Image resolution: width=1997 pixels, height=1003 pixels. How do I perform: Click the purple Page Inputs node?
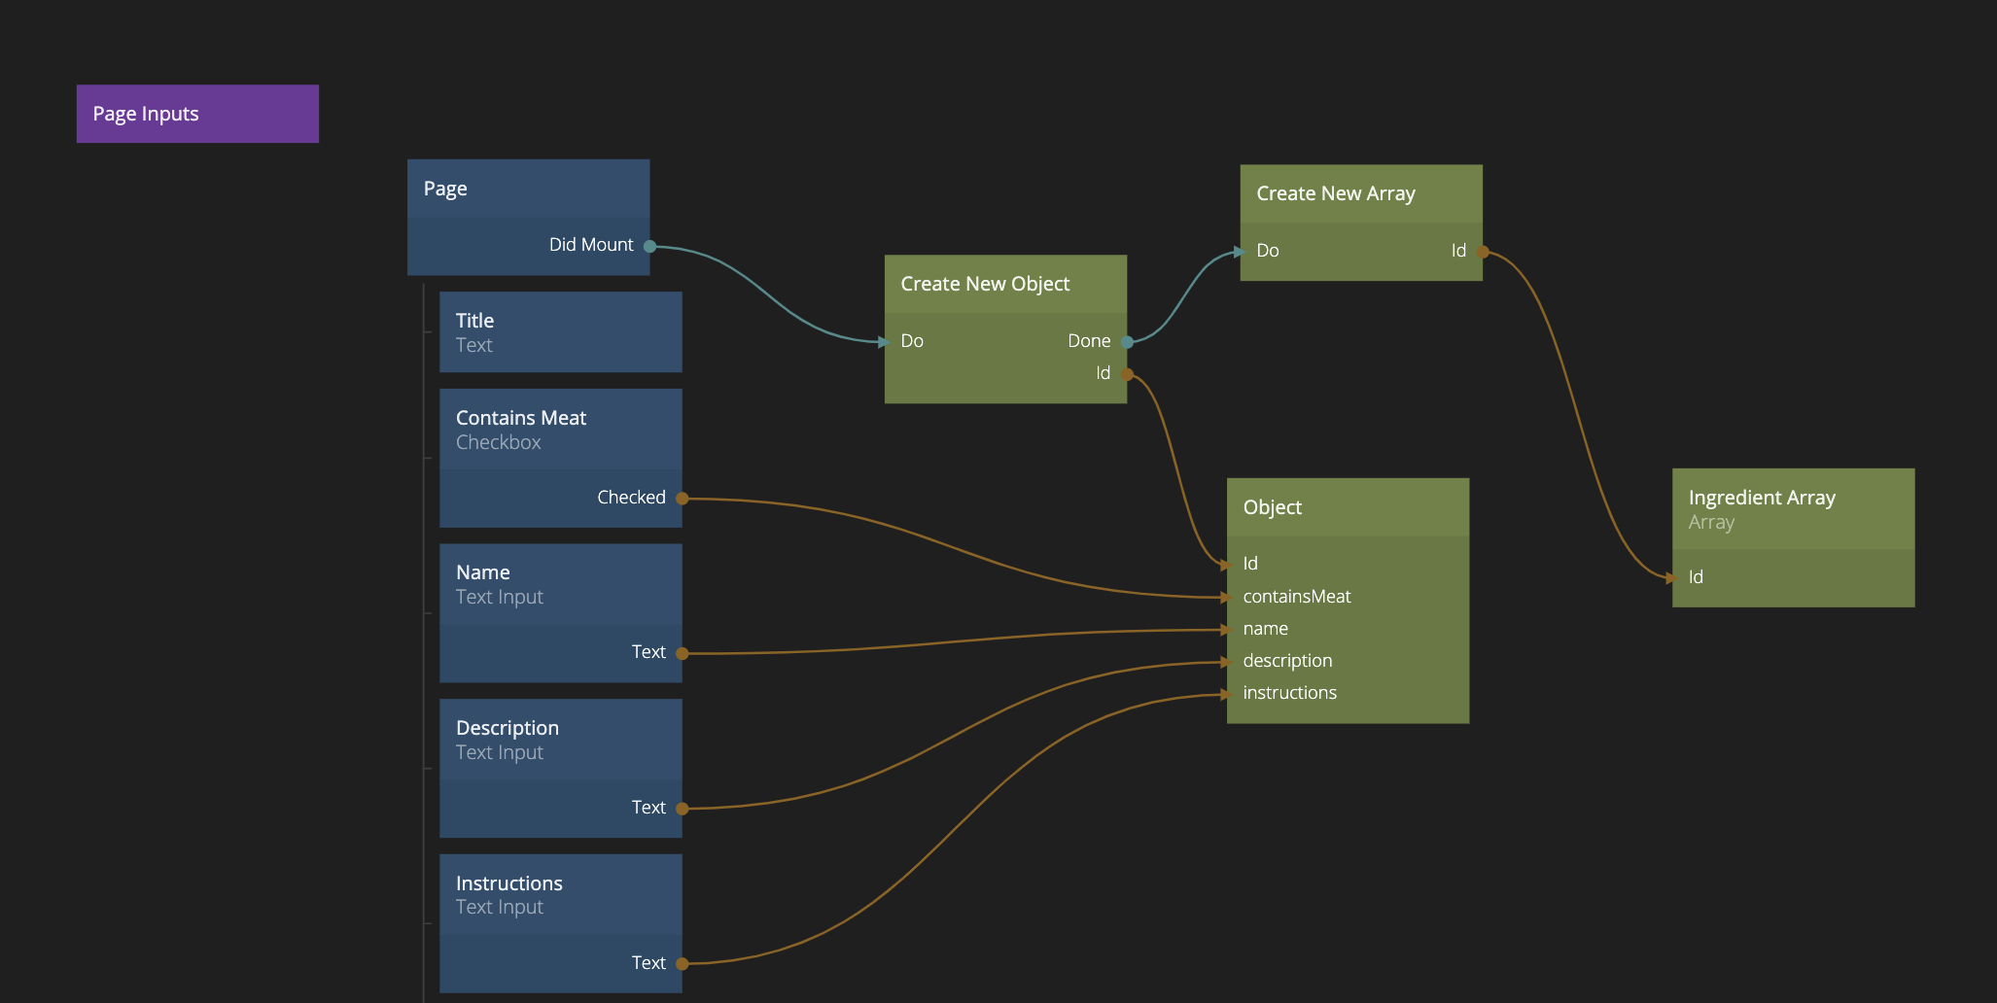point(197,114)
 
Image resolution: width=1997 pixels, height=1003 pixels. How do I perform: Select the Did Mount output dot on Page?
point(649,246)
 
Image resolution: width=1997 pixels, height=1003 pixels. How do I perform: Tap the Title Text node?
point(560,331)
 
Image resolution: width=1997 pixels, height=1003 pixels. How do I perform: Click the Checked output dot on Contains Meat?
point(682,499)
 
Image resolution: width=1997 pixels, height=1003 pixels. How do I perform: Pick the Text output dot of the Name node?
point(682,653)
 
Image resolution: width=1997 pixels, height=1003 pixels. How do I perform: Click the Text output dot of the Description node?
point(682,809)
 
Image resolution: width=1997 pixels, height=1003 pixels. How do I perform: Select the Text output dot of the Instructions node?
point(682,964)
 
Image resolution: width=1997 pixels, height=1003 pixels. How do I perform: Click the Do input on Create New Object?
point(911,341)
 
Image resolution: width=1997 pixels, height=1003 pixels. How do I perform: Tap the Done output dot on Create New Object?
point(1127,341)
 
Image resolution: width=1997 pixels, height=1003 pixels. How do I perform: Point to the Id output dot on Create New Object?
point(1127,374)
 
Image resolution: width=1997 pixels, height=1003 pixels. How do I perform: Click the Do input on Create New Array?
point(1267,251)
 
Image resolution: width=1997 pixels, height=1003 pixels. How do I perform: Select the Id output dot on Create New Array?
point(1483,252)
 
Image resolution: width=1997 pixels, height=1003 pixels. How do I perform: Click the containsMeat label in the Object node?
point(1296,597)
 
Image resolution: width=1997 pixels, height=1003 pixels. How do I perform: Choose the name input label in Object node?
point(1265,629)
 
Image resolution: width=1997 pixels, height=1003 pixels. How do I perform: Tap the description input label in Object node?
point(1287,661)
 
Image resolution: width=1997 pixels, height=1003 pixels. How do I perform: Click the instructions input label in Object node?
point(1289,693)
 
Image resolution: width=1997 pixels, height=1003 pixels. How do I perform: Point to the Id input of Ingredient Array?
point(1695,577)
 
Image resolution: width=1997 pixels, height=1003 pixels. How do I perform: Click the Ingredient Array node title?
point(1762,498)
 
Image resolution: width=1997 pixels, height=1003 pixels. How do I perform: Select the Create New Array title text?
point(1335,193)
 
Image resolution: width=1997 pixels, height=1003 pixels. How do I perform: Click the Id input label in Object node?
point(1250,564)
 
